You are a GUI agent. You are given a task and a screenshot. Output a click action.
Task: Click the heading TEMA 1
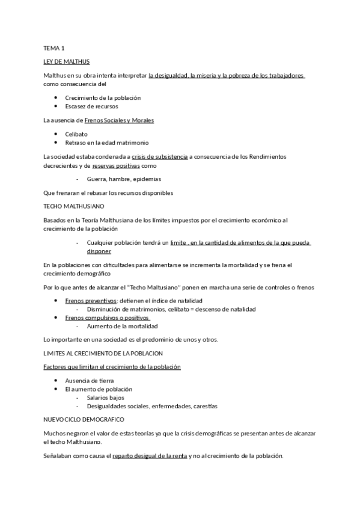[x=53, y=48]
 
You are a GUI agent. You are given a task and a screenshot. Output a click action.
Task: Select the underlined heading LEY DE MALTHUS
[x=67, y=62]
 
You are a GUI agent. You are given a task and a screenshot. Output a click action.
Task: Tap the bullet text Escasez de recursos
[x=91, y=106]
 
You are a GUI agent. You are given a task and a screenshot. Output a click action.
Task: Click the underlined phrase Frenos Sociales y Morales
[x=119, y=120]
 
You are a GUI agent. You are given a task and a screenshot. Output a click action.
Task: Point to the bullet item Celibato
[x=76, y=134]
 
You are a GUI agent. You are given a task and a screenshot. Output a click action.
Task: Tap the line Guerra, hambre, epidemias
[x=124, y=179]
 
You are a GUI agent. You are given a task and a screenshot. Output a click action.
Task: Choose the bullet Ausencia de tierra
[x=90, y=381]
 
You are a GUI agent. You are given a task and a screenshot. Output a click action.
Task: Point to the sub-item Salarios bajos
[x=106, y=398]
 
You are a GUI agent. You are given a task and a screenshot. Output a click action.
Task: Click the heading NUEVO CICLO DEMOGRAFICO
[x=84, y=419]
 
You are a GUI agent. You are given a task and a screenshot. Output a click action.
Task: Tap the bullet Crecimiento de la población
[x=103, y=97]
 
